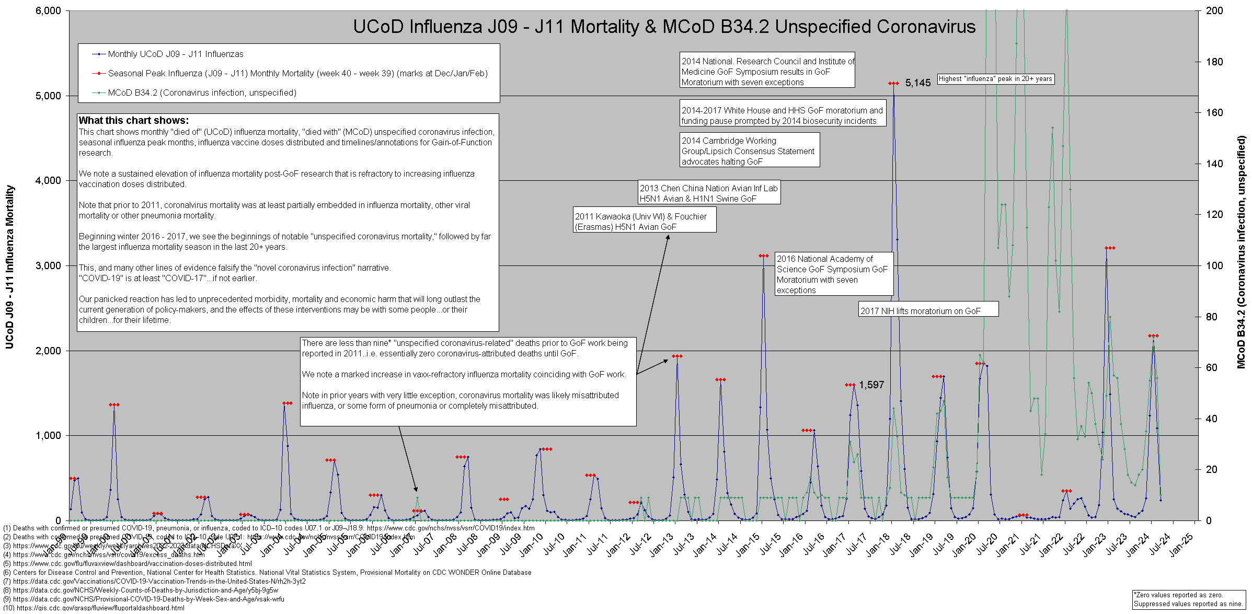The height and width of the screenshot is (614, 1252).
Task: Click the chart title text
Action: click(664, 27)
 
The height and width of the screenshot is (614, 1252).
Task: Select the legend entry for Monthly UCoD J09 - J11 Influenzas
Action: click(175, 54)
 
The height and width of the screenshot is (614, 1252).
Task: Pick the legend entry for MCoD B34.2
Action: click(202, 93)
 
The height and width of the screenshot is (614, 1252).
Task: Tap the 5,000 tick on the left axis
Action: click(48, 96)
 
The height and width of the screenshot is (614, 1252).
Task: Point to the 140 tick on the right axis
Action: click(1214, 164)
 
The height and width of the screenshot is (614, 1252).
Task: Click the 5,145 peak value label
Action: click(918, 83)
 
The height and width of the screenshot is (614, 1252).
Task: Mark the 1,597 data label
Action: click(871, 385)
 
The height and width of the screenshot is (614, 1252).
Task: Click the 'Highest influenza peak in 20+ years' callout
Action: click(995, 79)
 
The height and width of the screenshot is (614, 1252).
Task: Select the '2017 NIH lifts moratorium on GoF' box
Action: click(928, 311)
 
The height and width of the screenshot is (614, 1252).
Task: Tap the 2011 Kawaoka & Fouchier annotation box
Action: click(644, 222)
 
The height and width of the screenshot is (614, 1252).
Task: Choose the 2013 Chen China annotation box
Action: click(709, 193)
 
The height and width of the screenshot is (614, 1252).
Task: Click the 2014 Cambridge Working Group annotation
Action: click(749, 151)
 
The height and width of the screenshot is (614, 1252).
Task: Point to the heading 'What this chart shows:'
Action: click(134, 121)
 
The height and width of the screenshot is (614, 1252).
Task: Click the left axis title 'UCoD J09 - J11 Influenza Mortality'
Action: click(9, 267)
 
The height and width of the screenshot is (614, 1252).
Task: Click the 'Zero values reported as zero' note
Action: click(1188, 599)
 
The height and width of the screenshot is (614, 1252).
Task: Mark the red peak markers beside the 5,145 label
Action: click(893, 84)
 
